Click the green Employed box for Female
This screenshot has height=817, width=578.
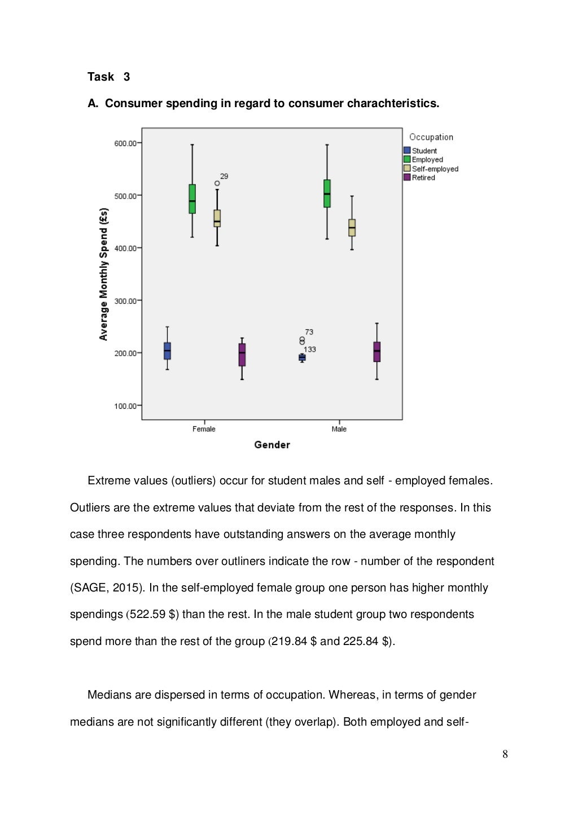[192, 199]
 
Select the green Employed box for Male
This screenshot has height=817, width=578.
[327, 193]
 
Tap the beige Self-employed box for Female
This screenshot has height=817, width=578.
[217, 218]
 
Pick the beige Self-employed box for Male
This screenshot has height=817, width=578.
[352, 228]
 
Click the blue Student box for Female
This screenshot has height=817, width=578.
[167, 351]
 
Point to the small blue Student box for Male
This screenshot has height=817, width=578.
[302, 357]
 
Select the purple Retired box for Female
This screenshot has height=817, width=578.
[242, 355]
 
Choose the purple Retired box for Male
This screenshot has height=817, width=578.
[377, 352]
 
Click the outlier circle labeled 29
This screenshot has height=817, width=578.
[217, 183]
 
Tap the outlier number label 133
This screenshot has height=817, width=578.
[310, 350]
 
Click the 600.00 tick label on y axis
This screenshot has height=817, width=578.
[125, 144]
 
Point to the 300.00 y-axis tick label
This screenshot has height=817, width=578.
[125, 301]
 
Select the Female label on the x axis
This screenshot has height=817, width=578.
[204, 429]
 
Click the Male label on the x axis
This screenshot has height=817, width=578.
[339, 429]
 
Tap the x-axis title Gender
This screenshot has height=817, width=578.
[272, 445]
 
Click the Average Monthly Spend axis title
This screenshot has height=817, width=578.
[103, 274]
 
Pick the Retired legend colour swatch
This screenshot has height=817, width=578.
[407, 178]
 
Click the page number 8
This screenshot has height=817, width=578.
[505, 754]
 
